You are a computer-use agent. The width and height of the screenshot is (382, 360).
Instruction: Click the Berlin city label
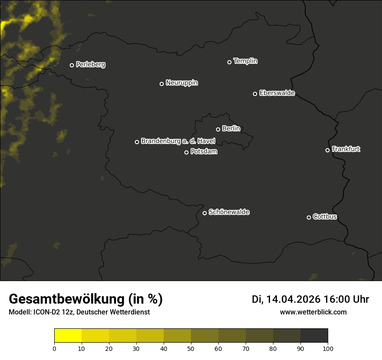[x=231, y=128]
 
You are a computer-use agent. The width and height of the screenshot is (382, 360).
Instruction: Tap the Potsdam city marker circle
[x=187, y=152]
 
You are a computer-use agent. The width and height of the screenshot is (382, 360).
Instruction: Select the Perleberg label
[x=90, y=65]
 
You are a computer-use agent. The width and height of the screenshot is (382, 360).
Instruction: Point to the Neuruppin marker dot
[x=162, y=84]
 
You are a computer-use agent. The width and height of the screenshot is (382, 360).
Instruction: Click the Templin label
[x=245, y=61]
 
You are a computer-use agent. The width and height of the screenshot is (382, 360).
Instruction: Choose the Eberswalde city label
[x=277, y=93]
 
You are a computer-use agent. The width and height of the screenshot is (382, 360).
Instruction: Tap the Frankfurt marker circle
[x=328, y=150]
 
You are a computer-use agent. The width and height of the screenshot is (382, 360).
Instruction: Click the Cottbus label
[x=325, y=216]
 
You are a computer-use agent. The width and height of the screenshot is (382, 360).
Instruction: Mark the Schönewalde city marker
[x=205, y=213]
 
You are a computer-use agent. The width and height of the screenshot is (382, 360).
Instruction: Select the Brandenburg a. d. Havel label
[x=178, y=141]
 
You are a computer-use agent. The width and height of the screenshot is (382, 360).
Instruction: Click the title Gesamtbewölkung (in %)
[x=86, y=299]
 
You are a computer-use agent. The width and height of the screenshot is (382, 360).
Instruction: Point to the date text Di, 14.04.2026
[x=286, y=299]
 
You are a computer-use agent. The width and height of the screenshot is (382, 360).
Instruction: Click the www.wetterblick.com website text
[x=313, y=312]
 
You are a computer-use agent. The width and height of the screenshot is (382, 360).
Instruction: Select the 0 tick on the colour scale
[x=54, y=348]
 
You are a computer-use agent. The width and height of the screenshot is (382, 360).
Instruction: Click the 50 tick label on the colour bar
[x=191, y=348]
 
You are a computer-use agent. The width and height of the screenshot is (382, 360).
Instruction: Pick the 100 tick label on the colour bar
[x=328, y=348]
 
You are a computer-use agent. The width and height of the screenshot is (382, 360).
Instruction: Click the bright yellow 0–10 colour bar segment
[x=68, y=336]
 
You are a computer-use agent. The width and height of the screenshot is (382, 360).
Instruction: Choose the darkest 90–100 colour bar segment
[x=314, y=336]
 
